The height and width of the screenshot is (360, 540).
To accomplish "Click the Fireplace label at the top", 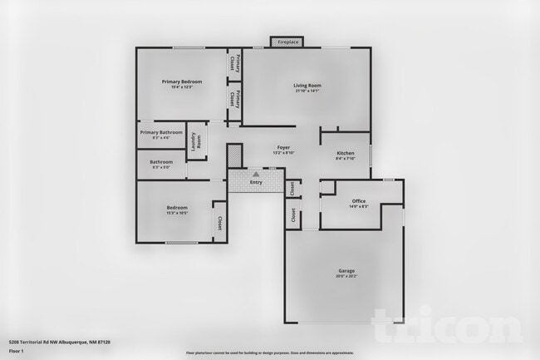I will coord(288,42).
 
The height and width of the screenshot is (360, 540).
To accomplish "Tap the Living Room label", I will coord(307,86).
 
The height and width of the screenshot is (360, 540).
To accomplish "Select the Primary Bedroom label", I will coord(182,81).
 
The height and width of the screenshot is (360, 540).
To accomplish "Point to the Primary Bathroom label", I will coord(161,132).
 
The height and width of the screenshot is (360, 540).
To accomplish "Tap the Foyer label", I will coord(282,148).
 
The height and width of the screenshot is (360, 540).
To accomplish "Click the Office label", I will coord(359,201).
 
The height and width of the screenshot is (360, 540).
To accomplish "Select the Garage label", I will coord(346,271).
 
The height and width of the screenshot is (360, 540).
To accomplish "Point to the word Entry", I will coord(256,182).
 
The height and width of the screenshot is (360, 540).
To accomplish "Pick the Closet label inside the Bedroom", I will coord(219,223).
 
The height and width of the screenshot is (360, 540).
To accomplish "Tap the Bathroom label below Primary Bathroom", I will coord(161,161).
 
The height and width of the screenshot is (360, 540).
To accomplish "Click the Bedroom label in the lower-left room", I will coord(176,208).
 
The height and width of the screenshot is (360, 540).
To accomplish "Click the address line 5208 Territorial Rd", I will coord(60,342).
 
